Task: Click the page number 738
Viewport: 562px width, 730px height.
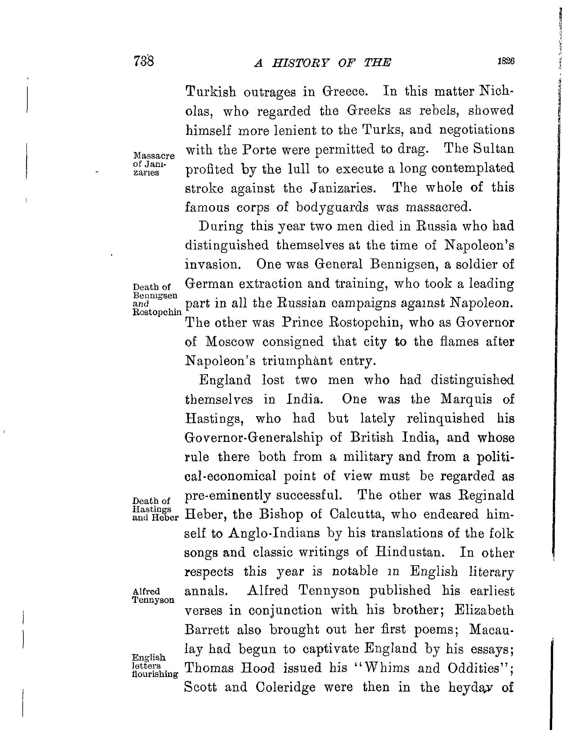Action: [143, 61]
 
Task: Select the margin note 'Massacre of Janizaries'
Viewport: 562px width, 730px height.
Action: [154, 164]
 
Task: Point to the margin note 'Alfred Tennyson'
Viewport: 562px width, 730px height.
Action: [153, 596]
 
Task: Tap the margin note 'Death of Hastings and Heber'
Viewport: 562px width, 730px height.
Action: [155, 509]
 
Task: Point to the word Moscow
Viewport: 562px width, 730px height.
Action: [230, 342]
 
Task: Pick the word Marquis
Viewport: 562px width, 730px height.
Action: [466, 399]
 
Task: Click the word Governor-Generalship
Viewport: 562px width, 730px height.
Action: [254, 438]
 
